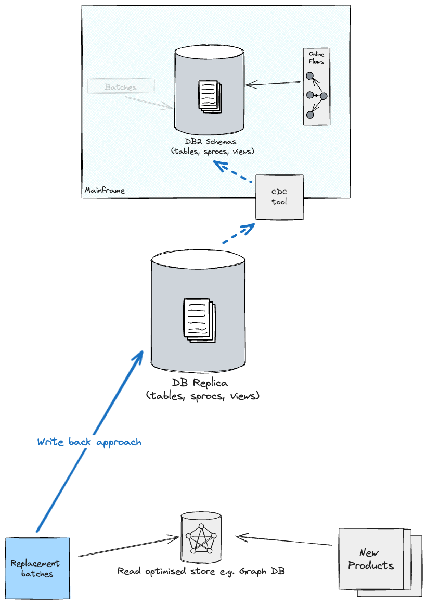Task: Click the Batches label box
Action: pos(121,86)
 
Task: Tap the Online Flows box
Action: pos(316,86)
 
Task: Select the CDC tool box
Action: pos(279,197)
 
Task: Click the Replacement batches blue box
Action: pos(37,568)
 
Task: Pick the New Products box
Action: pos(371,560)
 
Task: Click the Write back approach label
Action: pos(89,442)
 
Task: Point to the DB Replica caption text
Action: pos(203,389)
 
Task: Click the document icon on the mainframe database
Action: pos(209,95)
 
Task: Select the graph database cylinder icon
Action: pos(202,537)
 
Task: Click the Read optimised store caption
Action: pos(201,571)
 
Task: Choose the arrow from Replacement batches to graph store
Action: pos(127,547)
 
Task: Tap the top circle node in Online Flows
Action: pos(309,76)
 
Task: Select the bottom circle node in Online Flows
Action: pos(309,115)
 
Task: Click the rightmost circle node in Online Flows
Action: pos(323,96)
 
